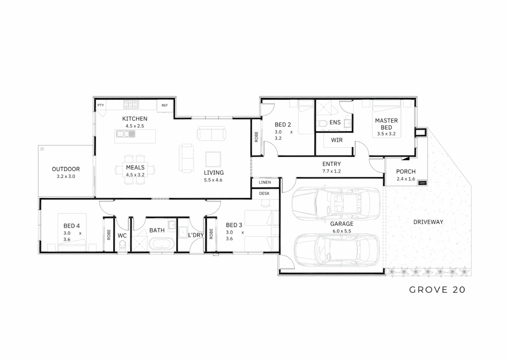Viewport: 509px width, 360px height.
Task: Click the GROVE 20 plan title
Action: (x=437, y=289)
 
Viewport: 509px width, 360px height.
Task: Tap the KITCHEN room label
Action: (x=135, y=119)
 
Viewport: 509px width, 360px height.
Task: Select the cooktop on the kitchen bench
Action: (x=131, y=104)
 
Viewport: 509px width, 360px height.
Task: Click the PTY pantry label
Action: (x=100, y=105)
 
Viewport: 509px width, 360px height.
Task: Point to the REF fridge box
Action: (x=165, y=105)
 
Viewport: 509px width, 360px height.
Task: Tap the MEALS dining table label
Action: (x=135, y=168)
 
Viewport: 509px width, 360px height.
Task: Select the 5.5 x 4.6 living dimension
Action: (x=213, y=180)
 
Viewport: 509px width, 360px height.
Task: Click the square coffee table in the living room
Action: (x=213, y=160)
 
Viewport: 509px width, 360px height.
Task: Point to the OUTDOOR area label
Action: (x=66, y=169)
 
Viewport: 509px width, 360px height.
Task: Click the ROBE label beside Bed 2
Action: (x=256, y=137)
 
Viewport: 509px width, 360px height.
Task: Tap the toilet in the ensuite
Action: (x=322, y=123)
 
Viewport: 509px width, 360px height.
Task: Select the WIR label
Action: (x=337, y=140)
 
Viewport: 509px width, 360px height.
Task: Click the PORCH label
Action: (x=406, y=172)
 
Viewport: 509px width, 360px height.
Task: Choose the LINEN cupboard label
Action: (x=265, y=182)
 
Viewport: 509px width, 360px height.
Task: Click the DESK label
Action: (x=264, y=193)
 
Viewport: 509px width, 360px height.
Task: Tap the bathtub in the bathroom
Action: (x=162, y=244)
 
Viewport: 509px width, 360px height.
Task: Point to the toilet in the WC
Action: (x=122, y=245)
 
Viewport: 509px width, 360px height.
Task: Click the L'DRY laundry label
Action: (x=196, y=235)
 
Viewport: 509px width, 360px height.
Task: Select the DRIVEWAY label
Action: (x=428, y=222)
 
